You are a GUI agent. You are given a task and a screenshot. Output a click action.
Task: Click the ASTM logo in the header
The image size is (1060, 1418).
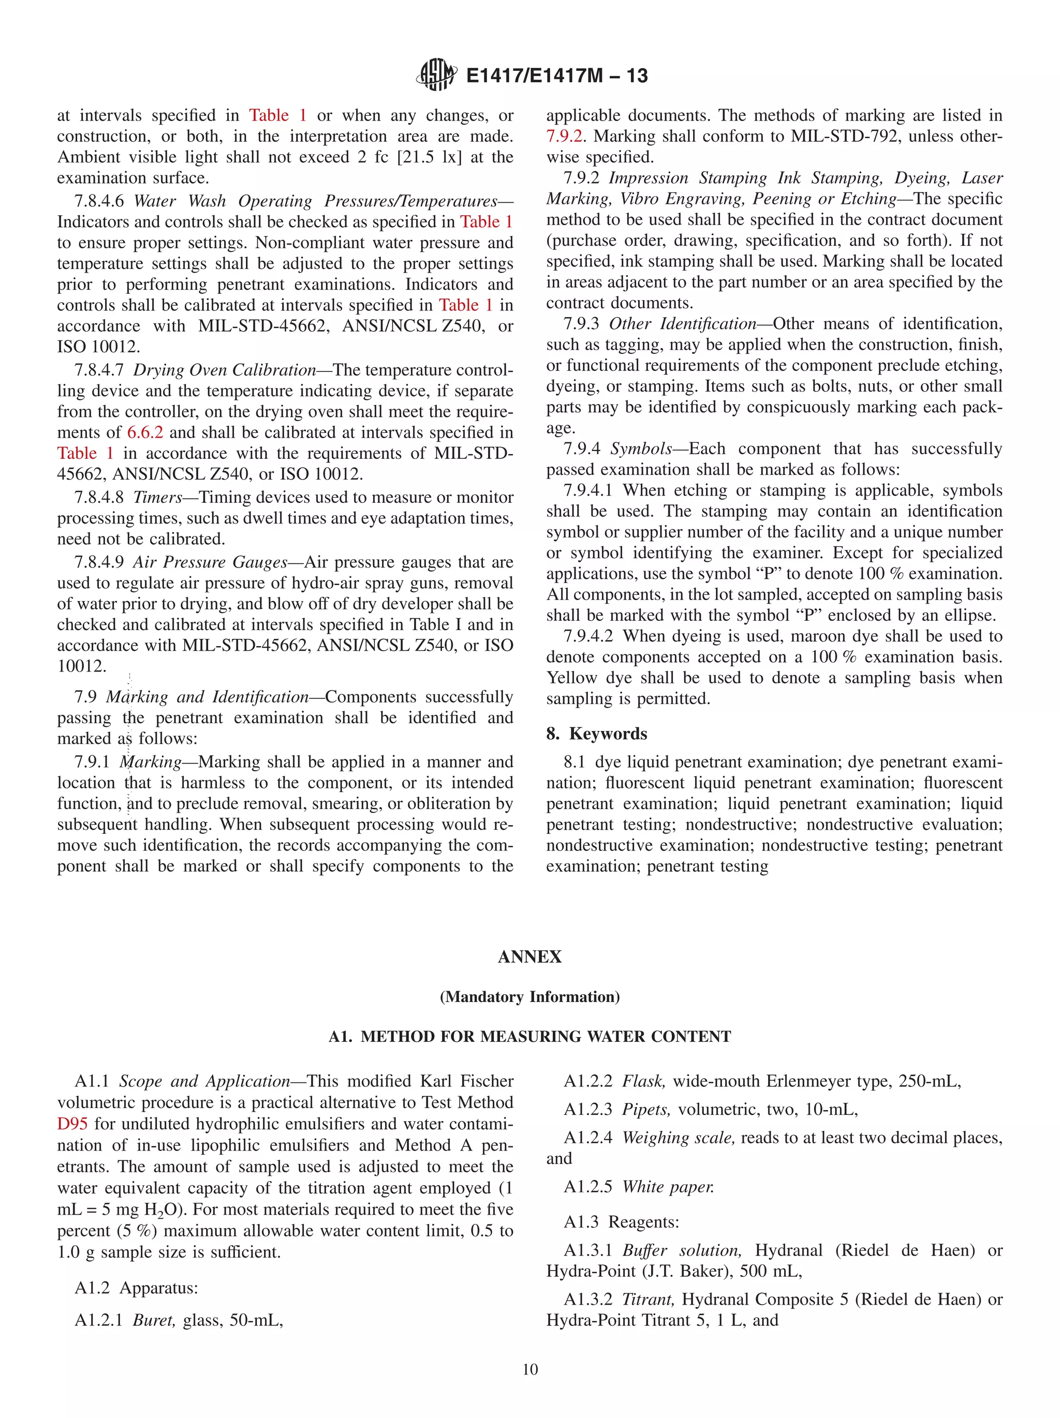(437, 75)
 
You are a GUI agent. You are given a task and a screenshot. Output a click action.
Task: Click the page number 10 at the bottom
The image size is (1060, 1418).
(529, 1369)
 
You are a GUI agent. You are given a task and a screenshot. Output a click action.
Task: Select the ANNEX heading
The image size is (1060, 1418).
(529, 957)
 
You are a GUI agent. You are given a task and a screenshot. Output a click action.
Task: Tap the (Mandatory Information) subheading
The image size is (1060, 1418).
(529, 997)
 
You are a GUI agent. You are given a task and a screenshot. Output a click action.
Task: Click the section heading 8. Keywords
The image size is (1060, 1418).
(596, 734)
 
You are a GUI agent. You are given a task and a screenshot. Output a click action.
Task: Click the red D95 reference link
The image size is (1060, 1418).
(72, 1124)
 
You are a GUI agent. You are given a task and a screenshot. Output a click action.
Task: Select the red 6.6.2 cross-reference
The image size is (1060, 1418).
(145, 432)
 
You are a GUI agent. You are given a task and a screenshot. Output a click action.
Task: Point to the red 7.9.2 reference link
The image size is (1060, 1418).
(564, 137)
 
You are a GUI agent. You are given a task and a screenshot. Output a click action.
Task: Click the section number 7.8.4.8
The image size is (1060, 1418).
(99, 498)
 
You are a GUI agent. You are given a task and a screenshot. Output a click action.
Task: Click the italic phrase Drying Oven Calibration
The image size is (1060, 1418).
(225, 370)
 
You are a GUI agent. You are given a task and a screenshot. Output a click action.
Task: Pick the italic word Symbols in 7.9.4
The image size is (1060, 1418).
(641, 449)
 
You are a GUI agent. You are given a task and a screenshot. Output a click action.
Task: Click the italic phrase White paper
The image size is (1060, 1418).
(668, 1187)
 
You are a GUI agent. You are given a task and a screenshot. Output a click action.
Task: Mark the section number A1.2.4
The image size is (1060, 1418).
(588, 1138)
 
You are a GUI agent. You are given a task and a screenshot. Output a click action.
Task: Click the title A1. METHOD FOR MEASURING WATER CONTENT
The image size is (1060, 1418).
(529, 1037)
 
